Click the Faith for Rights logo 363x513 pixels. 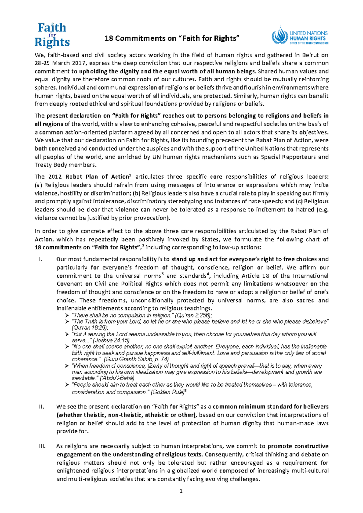point(52,35)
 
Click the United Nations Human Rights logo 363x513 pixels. point(300,35)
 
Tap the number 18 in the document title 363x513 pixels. point(109,38)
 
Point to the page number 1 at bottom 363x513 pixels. point(181,491)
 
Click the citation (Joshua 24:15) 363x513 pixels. point(109,340)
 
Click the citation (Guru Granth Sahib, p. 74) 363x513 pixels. point(136,359)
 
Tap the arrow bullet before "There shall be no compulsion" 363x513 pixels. point(67,315)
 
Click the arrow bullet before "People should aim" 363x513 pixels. point(67,385)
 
